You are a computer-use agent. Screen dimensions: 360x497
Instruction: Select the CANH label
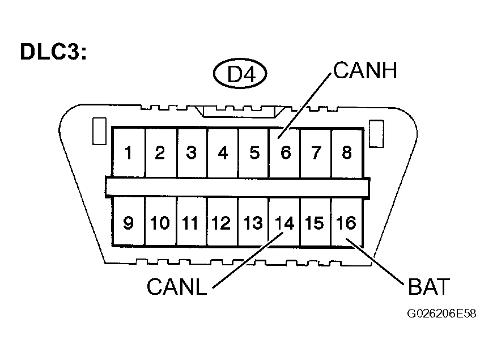click(x=365, y=71)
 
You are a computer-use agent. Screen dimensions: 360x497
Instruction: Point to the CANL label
click(x=177, y=286)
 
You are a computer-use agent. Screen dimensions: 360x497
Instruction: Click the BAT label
click(x=428, y=287)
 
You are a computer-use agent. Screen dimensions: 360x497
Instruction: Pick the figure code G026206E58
click(x=440, y=314)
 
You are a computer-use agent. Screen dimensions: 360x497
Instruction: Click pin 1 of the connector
click(x=129, y=153)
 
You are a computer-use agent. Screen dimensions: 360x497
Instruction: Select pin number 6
click(x=285, y=153)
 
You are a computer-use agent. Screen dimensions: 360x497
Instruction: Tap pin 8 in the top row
click(x=347, y=153)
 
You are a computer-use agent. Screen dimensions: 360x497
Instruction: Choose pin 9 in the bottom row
click(x=129, y=223)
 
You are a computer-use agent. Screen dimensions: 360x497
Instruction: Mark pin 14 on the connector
click(x=284, y=223)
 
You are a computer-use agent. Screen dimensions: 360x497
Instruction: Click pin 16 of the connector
click(x=346, y=223)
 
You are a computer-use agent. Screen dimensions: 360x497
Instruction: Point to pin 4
click(x=223, y=153)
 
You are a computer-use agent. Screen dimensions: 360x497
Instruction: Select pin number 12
click(x=222, y=223)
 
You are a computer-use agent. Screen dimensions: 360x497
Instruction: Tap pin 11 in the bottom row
click(x=192, y=223)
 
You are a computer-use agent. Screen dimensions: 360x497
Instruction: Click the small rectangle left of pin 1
click(x=99, y=132)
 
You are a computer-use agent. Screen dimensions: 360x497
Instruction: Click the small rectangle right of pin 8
click(x=375, y=132)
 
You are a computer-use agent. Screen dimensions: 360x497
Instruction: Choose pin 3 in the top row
click(x=192, y=153)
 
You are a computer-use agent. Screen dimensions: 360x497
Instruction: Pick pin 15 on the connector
click(x=316, y=223)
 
